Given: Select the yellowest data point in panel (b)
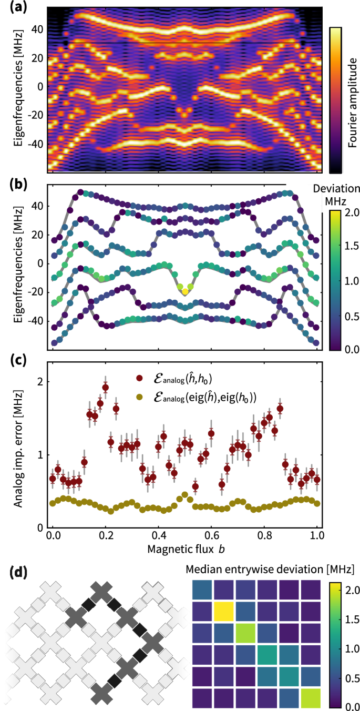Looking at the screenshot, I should point(185,291).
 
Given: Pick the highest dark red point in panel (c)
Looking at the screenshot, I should point(105,388).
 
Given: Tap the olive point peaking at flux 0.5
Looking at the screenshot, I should point(184,495).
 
